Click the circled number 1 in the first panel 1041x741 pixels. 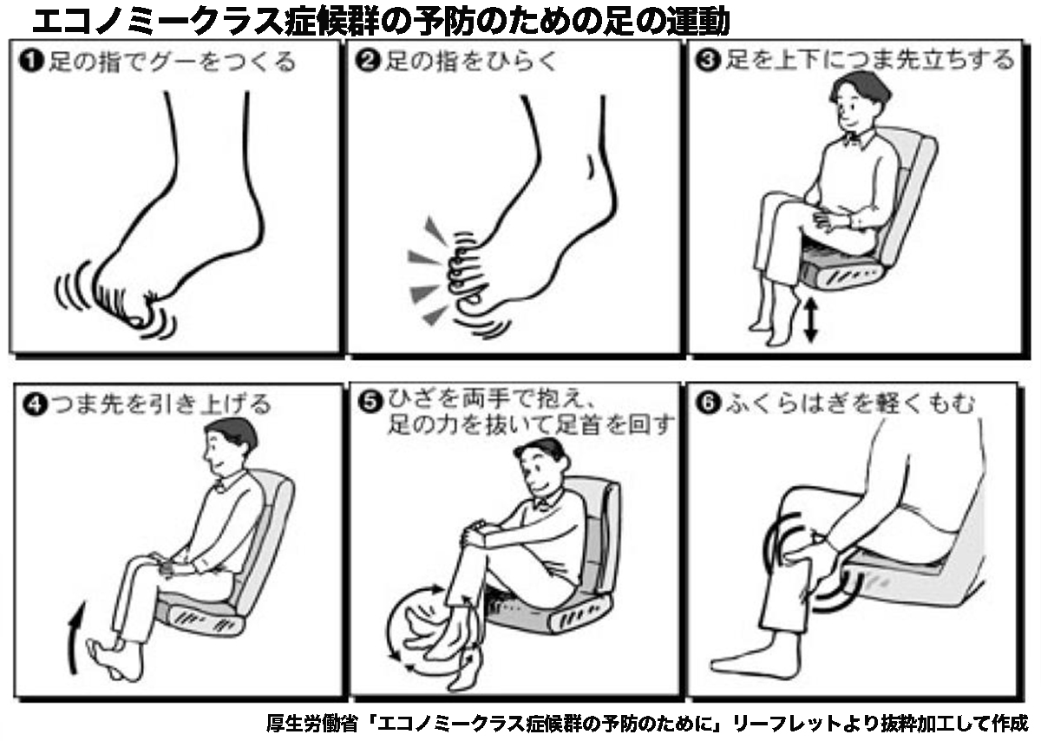[31, 62]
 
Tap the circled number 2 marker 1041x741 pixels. [369, 61]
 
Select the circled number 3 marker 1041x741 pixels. [708, 61]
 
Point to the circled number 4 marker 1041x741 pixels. [35, 403]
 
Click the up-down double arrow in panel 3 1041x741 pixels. [810, 320]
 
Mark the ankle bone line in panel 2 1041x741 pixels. [591, 167]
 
